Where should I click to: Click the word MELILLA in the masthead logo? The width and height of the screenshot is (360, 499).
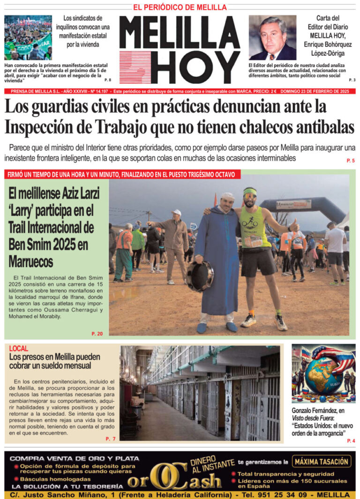pyautogui.click(x=180, y=33)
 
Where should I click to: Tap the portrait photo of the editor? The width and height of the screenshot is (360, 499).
pyautogui.click(x=272, y=37)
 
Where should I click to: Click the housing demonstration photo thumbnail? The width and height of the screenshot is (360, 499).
pyautogui.click(x=28, y=37)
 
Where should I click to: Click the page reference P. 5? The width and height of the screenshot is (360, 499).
pyautogui.click(x=351, y=161)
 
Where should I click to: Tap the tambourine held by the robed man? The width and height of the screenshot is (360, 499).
pyautogui.click(x=199, y=276)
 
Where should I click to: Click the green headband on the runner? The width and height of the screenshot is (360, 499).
pyautogui.click(x=250, y=191)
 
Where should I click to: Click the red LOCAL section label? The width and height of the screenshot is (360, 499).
pyautogui.click(x=19, y=349)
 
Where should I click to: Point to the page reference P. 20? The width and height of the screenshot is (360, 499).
pyautogui.click(x=97, y=334)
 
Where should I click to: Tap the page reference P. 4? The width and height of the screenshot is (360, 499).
pyautogui.click(x=351, y=441)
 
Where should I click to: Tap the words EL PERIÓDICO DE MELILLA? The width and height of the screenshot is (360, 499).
pyautogui.click(x=180, y=7)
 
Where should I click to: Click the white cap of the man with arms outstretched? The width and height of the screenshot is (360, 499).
pyautogui.click(x=177, y=212)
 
